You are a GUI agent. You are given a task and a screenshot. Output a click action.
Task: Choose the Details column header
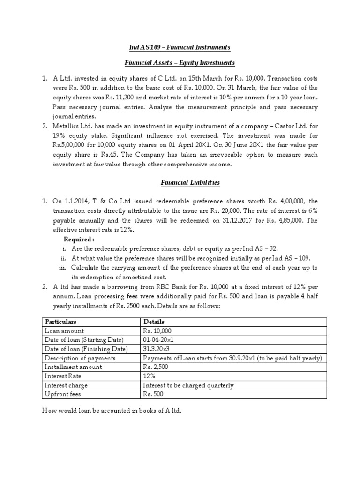[x=152, y=322]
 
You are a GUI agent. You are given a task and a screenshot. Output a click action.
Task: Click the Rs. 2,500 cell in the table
[x=155, y=367]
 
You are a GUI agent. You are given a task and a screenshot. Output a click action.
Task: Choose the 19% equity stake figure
[x=62, y=135]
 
